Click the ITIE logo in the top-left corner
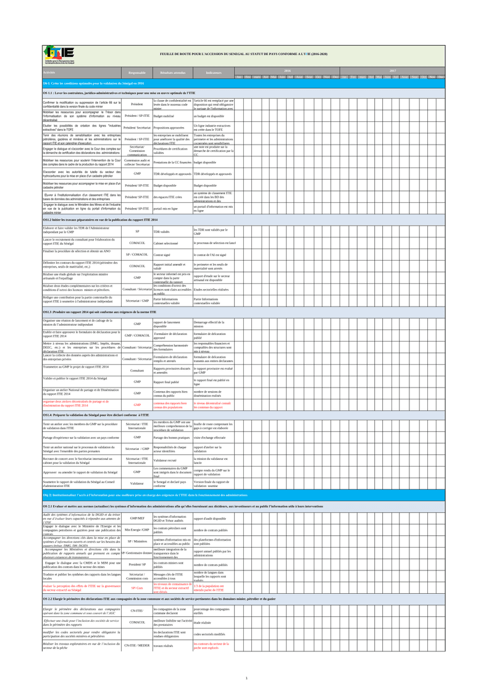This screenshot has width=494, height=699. pos(59,55)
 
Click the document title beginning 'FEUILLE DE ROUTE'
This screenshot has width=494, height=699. pos(243,54)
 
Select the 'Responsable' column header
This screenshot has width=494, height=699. pos(136,73)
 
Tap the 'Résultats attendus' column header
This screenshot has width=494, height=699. pos(172,73)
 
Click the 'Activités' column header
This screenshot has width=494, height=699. pos(50,73)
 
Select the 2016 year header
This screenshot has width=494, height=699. pos(287,71)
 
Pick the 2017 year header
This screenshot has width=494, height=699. pos(393,71)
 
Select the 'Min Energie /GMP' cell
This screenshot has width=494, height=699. pos(136,547)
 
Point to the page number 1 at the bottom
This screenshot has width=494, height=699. pos(246,679)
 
